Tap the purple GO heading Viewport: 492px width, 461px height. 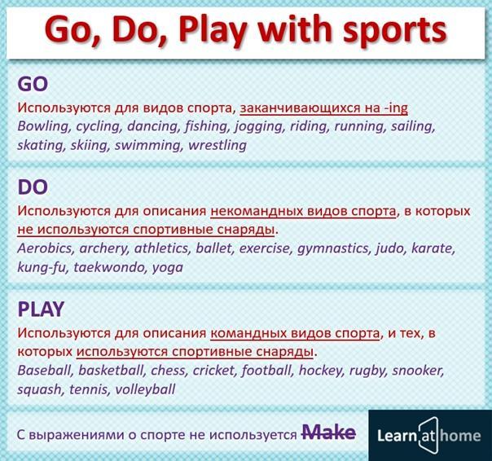pos(33,84)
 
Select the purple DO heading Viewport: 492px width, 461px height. pos(33,187)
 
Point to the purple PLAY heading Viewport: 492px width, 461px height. pos(41,310)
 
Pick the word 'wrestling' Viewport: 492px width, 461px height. pos(217,145)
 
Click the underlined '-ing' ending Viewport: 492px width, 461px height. pos(396,108)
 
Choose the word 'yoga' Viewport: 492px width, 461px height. pos(168,268)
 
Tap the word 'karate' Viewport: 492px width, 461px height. pos(433,248)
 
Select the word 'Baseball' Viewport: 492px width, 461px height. pos(44,371)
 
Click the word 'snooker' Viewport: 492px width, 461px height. pos(418,371)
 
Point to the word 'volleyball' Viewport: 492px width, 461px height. pos(145,390)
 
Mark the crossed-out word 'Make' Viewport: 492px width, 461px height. pos(328,432)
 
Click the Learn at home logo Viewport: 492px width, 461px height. pos(429,435)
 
